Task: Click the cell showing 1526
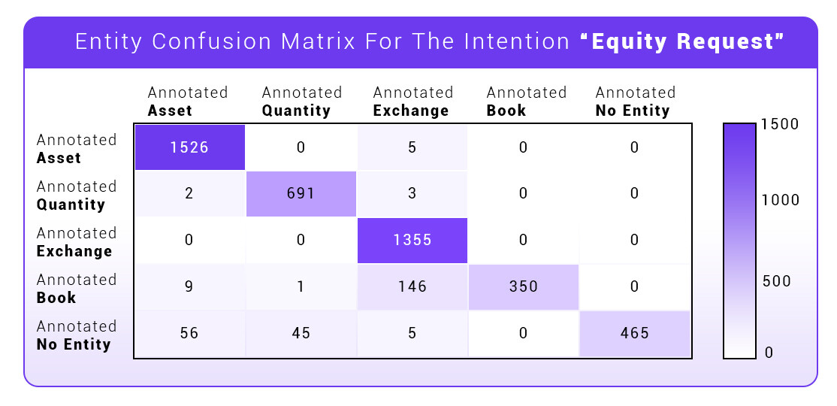[x=189, y=147]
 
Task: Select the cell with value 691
[x=301, y=193]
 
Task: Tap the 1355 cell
[x=412, y=240]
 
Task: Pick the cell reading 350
[x=523, y=286]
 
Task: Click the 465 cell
[x=635, y=333]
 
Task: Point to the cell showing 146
[x=412, y=286]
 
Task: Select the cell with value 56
[x=189, y=333]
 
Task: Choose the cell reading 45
[x=301, y=333]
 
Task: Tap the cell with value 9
[x=189, y=286]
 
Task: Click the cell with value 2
[x=189, y=193]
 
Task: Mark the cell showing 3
[x=412, y=193]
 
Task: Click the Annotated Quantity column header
[x=301, y=101]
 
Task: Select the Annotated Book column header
[x=527, y=101]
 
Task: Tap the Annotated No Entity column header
[x=635, y=101]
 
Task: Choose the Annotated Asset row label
[x=77, y=149]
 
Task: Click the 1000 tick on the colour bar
[x=780, y=200]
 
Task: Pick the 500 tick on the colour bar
[x=777, y=281]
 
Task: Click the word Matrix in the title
[x=319, y=41]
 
